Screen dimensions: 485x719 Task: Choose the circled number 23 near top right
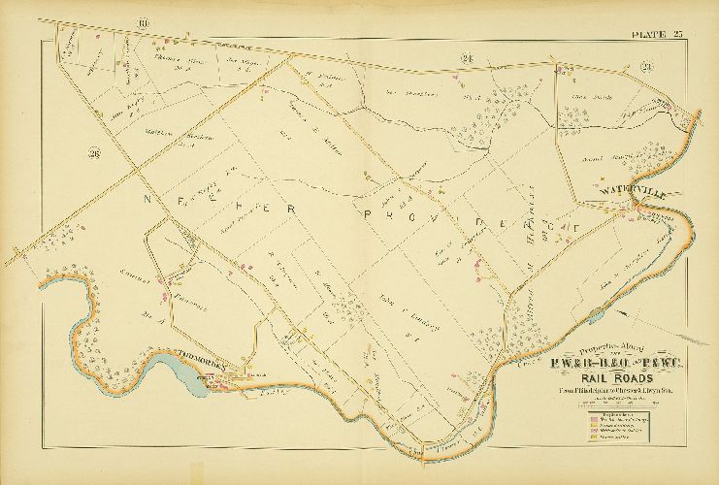(x=646, y=66)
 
